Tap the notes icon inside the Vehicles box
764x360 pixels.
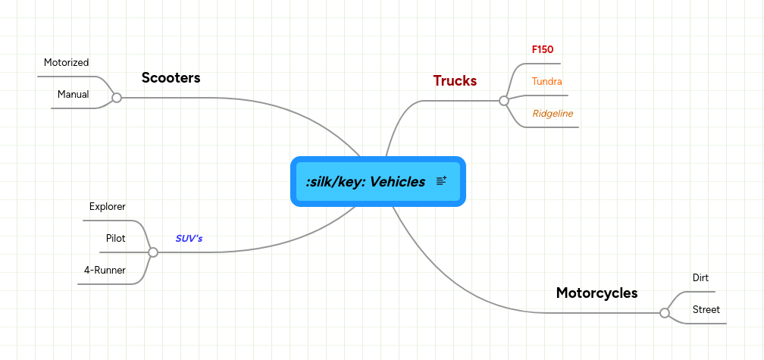tap(442, 181)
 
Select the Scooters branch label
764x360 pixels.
tap(171, 78)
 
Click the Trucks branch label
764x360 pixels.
tap(455, 81)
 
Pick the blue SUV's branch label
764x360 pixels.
tap(189, 238)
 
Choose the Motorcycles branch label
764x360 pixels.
tap(596, 293)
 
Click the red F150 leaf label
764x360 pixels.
tap(543, 49)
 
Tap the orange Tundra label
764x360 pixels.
tap(546, 81)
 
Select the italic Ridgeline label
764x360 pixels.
tap(553, 113)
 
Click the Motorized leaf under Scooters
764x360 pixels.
tap(66, 62)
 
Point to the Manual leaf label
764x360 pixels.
tap(73, 95)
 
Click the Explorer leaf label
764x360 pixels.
tap(107, 206)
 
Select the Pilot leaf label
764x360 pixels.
tap(115, 238)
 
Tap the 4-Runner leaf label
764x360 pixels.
tap(105, 270)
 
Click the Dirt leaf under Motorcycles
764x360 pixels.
tap(700, 277)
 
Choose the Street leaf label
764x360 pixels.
tap(706, 309)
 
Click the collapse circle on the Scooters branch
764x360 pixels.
tap(117, 98)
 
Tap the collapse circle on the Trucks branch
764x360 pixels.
tap(504, 101)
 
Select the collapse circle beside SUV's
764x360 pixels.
tap(153, 252)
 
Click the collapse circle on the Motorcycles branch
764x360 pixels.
tap(665, 313)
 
